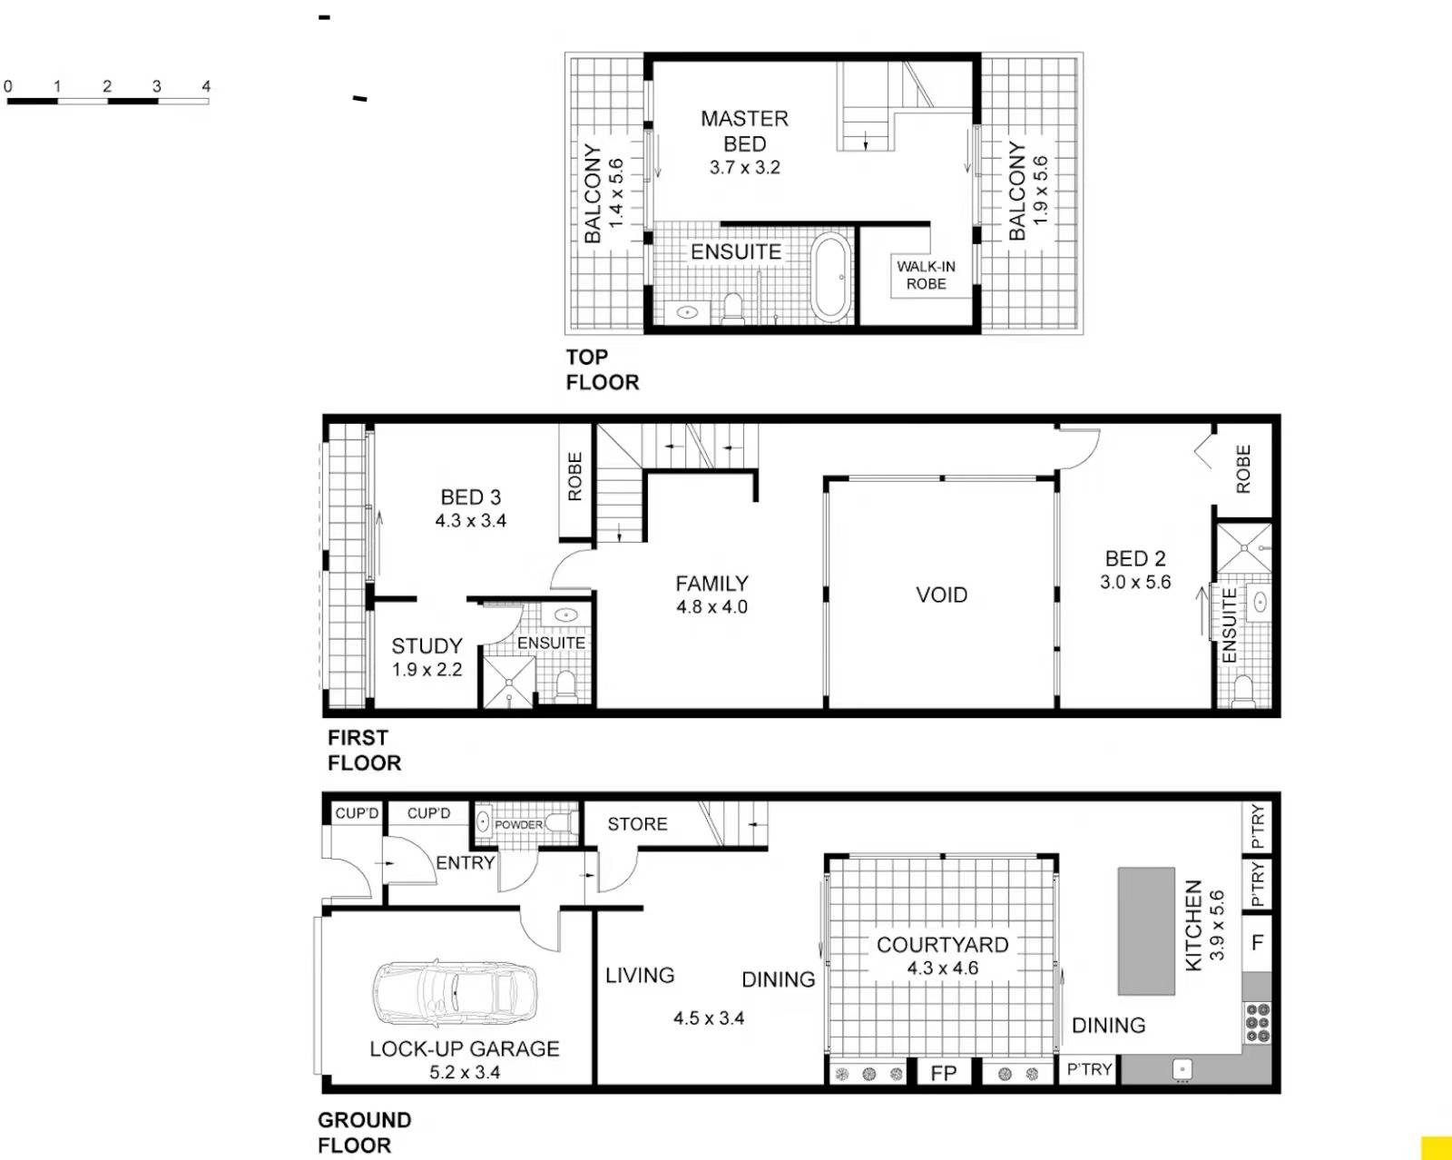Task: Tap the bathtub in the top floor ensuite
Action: coord(830,276)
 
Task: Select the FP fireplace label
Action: coord(943,1072)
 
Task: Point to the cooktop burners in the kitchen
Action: coord(1258,1023)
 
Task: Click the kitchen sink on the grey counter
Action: coord(1182,1069)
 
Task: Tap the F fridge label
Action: coord(1257,942)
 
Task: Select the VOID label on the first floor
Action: coord(941,595)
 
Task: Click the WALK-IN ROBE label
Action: coord(926,275)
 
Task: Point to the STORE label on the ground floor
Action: coord(637,824)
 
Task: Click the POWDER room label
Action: coord(518,825)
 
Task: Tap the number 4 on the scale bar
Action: coord(206,86)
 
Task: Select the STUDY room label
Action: coord(427,645)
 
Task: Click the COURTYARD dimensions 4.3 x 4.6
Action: coord(942,968)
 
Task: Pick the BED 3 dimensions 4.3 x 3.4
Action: coord(470,520)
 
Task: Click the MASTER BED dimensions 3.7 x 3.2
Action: coord(744,167)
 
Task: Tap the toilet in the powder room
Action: coord(562,823)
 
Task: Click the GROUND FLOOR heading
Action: coord(364,1133)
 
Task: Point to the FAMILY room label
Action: coord(711,583)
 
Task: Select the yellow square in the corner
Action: coord(1437,1148)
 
